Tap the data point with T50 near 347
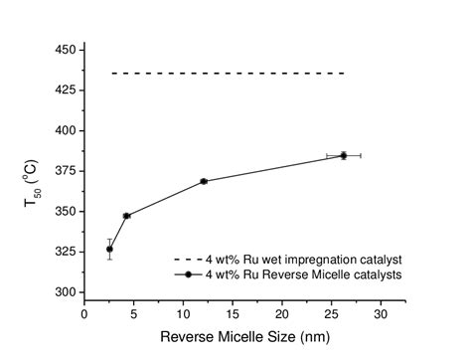click(126, 216)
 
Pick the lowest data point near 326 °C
click(109, 249)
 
